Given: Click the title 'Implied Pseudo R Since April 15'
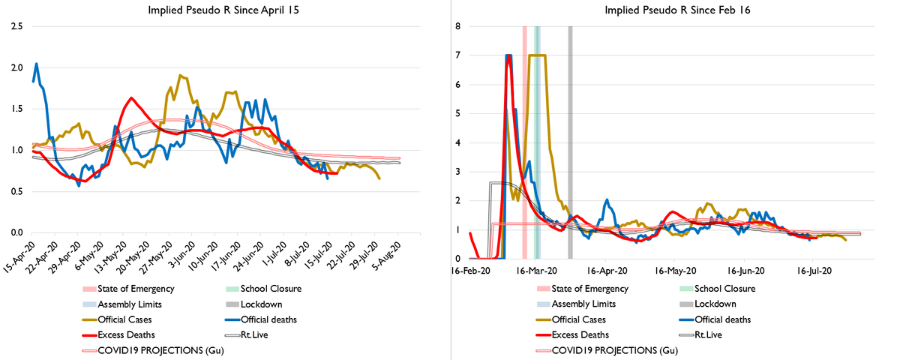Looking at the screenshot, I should coord(223,10).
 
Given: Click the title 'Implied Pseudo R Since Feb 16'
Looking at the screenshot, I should coord(670,10).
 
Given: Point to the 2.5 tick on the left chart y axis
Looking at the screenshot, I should coord(16,26).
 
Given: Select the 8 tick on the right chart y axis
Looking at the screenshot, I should coord(458,26).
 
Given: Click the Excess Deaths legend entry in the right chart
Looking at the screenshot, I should coord(580,335).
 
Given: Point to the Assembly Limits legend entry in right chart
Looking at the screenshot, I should coord(583,304).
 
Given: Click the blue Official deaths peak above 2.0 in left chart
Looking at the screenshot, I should coord(37,64).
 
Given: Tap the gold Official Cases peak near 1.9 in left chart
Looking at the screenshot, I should coord(180,76).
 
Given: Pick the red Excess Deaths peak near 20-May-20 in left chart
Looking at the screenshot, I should coord(131,98).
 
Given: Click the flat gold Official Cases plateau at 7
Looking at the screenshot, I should coord(538,55).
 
